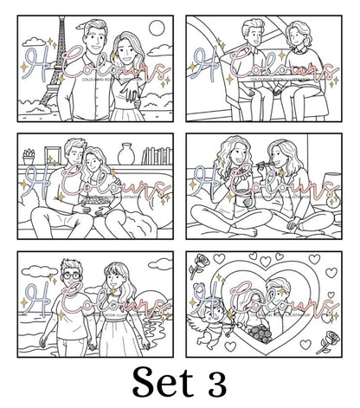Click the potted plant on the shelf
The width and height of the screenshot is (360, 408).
tap(30, 158)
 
